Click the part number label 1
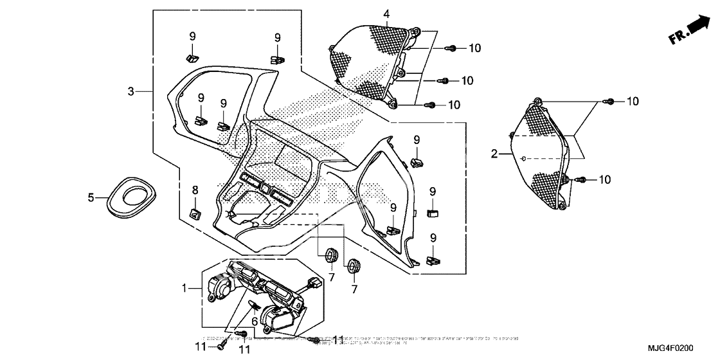pyautogui.click(x=184, y=289)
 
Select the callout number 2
pyautogui.click(x=494, y=154)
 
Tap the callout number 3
pyautogui.click(x=130, y=91)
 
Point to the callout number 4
pyautogui.click(x=386, y=14)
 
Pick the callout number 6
pyautogui.click(x=254, y=321)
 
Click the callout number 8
pyautogui.click(x=195, y=190)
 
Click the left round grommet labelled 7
pyautogui.click(x=331, y=255)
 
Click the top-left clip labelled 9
pyautogui.click(x=192, y=57)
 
